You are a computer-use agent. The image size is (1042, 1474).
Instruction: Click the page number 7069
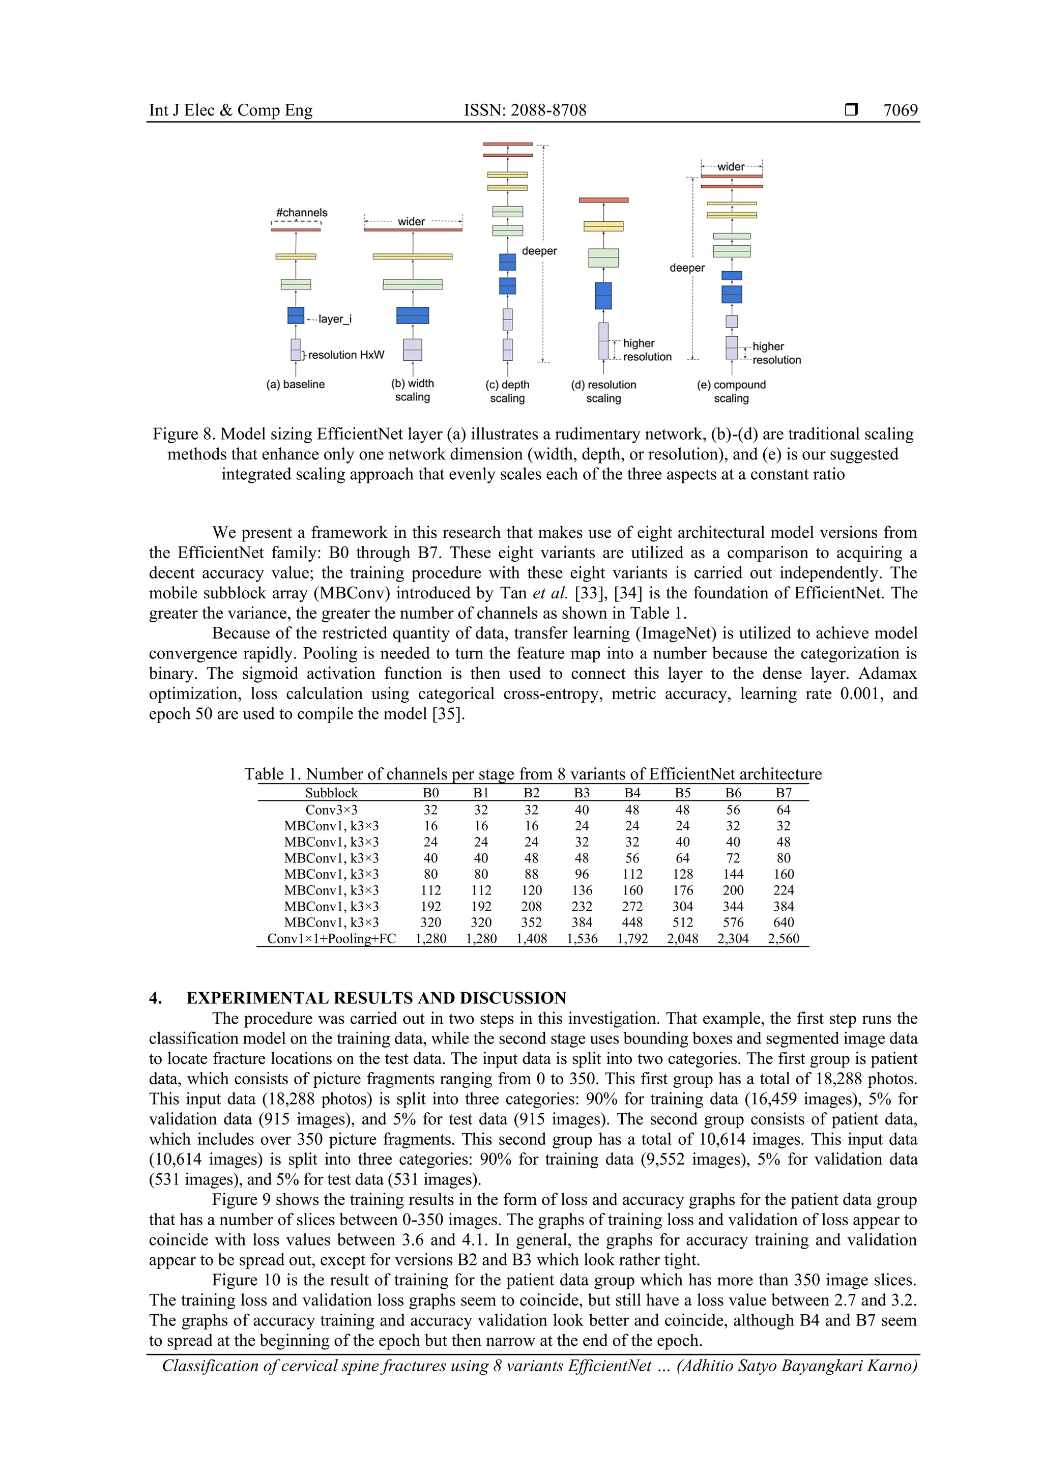coord(900,110)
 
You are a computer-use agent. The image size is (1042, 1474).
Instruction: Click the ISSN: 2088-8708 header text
coord(525,110)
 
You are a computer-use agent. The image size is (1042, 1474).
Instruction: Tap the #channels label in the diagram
coord(301,213)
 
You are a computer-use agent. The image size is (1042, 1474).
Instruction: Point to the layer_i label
coord(334,319)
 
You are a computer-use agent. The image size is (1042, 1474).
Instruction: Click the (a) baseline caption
coord(295,385)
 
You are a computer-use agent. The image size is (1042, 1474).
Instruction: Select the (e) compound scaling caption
coord(731,391)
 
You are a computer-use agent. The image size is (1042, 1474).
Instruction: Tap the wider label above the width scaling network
coord(411,221)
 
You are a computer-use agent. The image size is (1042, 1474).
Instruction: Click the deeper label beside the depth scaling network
coord(539,251)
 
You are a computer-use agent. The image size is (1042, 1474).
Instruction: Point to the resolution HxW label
coord(346,355)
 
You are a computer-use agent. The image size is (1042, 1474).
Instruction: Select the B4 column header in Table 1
coord(632,793)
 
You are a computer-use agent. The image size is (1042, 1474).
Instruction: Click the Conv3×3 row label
coord(331,810)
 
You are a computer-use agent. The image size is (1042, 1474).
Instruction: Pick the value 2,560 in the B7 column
coord(783,939)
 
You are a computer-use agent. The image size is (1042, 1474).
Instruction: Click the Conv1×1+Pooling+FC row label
coord(331,939)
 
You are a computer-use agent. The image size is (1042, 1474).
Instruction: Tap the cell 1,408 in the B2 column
coord(532,939)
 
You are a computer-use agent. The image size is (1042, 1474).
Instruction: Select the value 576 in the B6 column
coord(733,922)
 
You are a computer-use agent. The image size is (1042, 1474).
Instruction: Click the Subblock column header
coord(331,793)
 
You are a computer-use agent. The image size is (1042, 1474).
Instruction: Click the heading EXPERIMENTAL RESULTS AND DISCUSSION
coord(376,998)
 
